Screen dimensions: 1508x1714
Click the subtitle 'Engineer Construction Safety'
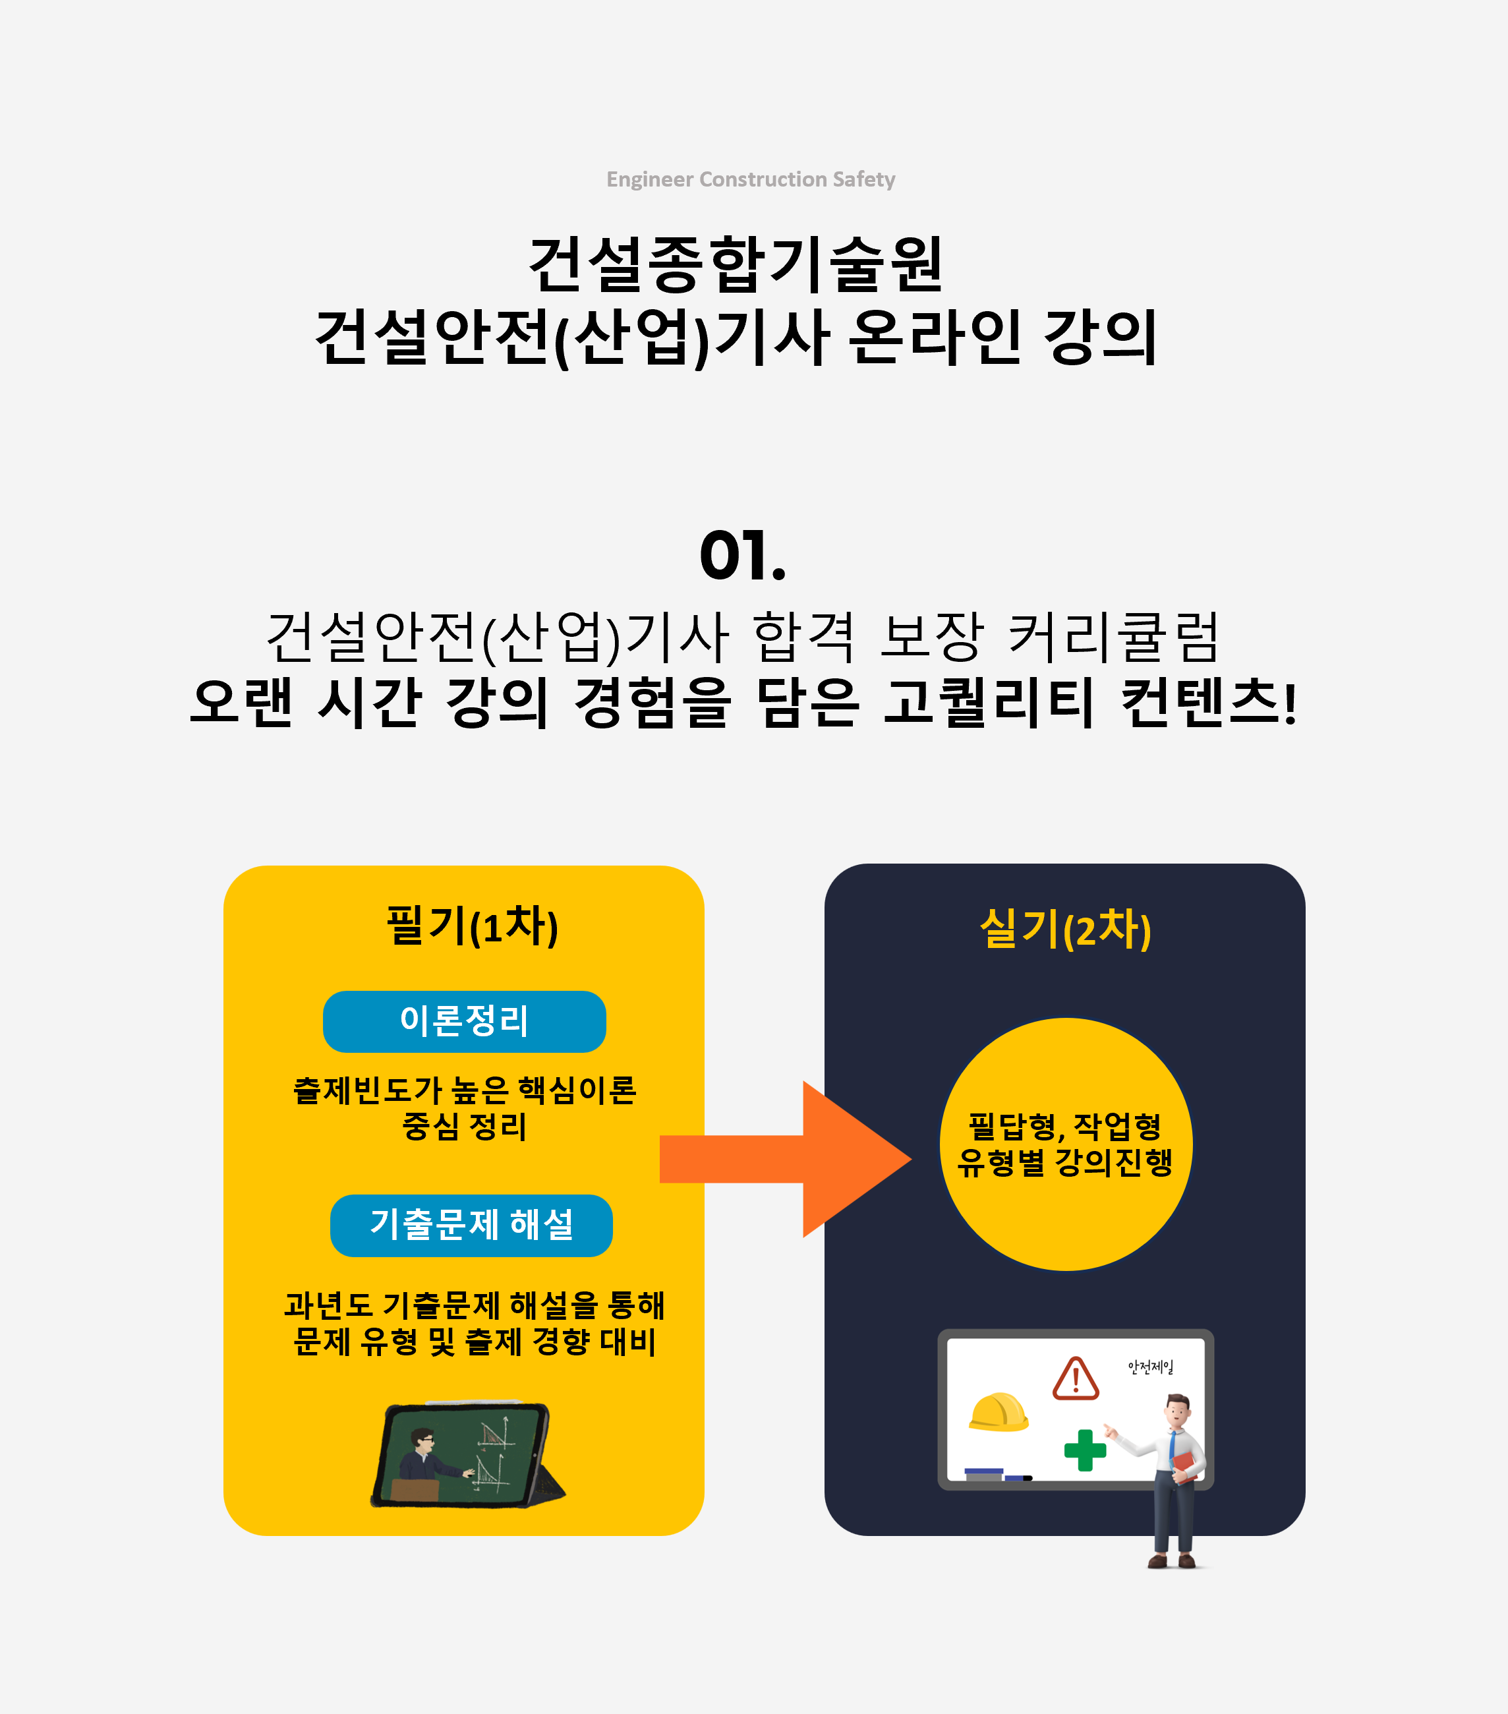751,179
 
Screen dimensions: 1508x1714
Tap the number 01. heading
743,555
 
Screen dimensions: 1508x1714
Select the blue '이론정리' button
465,1021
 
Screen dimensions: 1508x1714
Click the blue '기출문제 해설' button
471,1225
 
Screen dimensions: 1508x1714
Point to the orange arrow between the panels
786,1159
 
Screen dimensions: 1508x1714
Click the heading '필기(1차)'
472,927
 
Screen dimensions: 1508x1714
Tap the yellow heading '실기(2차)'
1065,930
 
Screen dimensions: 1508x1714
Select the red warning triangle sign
1076,1378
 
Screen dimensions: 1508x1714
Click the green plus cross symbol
1085,1450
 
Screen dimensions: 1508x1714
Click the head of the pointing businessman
1178,1411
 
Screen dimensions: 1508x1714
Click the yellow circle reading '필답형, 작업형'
1066,1144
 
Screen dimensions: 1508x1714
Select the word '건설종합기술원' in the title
737,264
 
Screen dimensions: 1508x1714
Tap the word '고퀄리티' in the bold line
989,702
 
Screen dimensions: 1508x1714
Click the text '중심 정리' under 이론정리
465,1126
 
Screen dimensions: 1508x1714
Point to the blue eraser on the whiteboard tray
984,1473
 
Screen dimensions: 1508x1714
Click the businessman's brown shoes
1172,1560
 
